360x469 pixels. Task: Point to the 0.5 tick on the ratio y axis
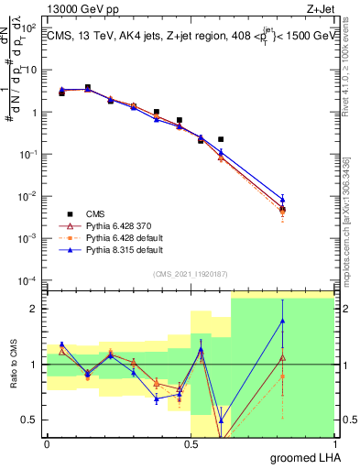click(32, 420)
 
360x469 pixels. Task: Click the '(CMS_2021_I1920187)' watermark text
click(190, 273)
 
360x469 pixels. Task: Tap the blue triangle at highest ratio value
click(282, 321)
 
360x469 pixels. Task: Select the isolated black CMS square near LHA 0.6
click(221, 139)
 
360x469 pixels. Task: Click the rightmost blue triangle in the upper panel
click(282, 199)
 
